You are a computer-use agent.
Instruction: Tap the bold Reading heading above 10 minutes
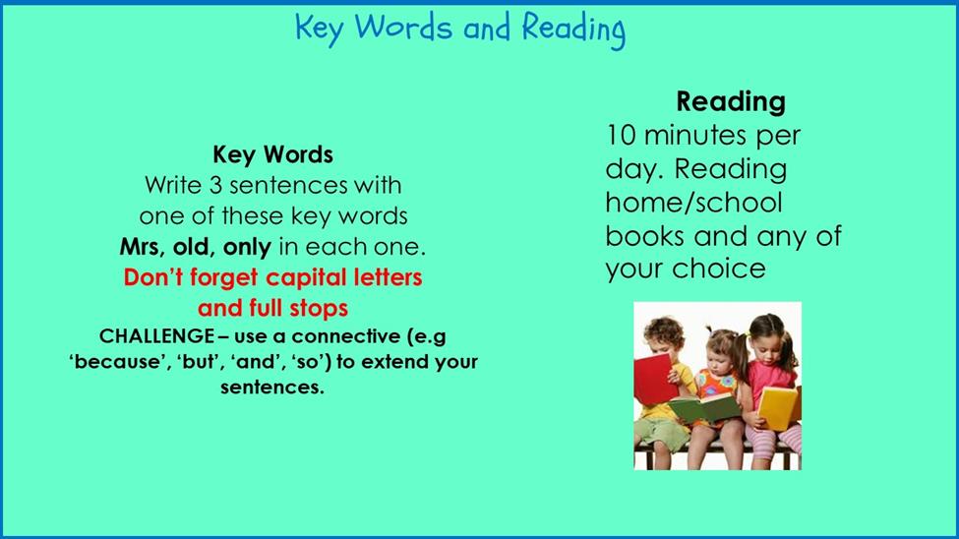click(x=730, y=102)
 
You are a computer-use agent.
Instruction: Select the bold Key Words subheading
click(x=272, y=154)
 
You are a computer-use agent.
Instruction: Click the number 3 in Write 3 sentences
click(x=215, y=185)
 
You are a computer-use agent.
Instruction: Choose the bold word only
click(x=247, y=248)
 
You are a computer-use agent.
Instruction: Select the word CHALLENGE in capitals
click(x=157, y=335)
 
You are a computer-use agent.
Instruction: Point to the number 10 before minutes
click(x=622, y=135)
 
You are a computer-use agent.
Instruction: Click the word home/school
click(x=693, y=203)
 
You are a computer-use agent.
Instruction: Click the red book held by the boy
click(x=654, y=380)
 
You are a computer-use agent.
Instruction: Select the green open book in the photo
click(x=704, y=407)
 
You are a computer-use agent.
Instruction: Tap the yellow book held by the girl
click(x=778, y=407)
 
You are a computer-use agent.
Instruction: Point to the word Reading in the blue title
click(x=573, y=30)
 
